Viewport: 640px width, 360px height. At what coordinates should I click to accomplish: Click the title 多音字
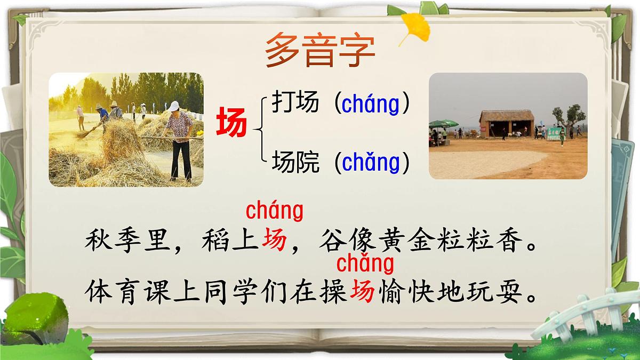pyautogui.click(x=320, y=50)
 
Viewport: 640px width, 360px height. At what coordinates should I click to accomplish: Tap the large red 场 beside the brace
pyautogui.click(x=231, y=122)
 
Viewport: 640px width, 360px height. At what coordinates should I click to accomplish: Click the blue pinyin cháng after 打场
pyautogui.click(x=370, y=104)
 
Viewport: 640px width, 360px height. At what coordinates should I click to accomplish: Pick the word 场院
pyautogui.click(x=295, y=162)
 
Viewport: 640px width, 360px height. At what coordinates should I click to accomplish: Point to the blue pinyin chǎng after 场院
pyautogui.click(x=371, y=163)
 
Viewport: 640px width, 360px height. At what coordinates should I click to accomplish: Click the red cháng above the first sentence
pyautogui.click(x=274, y=211)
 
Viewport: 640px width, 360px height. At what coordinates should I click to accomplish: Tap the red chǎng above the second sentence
pyautogui.click(x=365, y=263)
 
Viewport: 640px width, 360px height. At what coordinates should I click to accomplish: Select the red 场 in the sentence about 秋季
pyautogui.click(x=274, y=243)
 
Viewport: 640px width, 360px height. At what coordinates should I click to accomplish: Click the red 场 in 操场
pyautogui.click(x=362, y=292)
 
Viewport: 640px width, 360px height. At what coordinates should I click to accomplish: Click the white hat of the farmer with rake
pyautogui.click(x=174, y=106)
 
